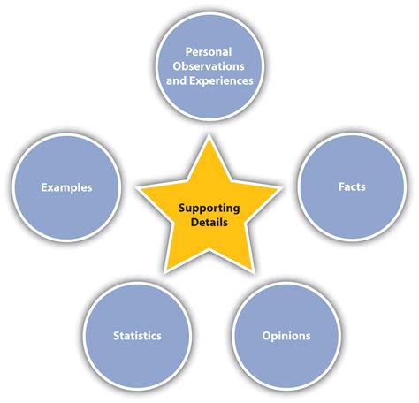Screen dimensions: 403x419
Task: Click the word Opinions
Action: (x=286, y=336)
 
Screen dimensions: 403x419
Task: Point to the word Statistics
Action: (x=137, y=336)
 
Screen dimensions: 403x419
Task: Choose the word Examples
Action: (x=66, y=188)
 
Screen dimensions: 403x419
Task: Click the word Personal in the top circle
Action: (x=209, y=52)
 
